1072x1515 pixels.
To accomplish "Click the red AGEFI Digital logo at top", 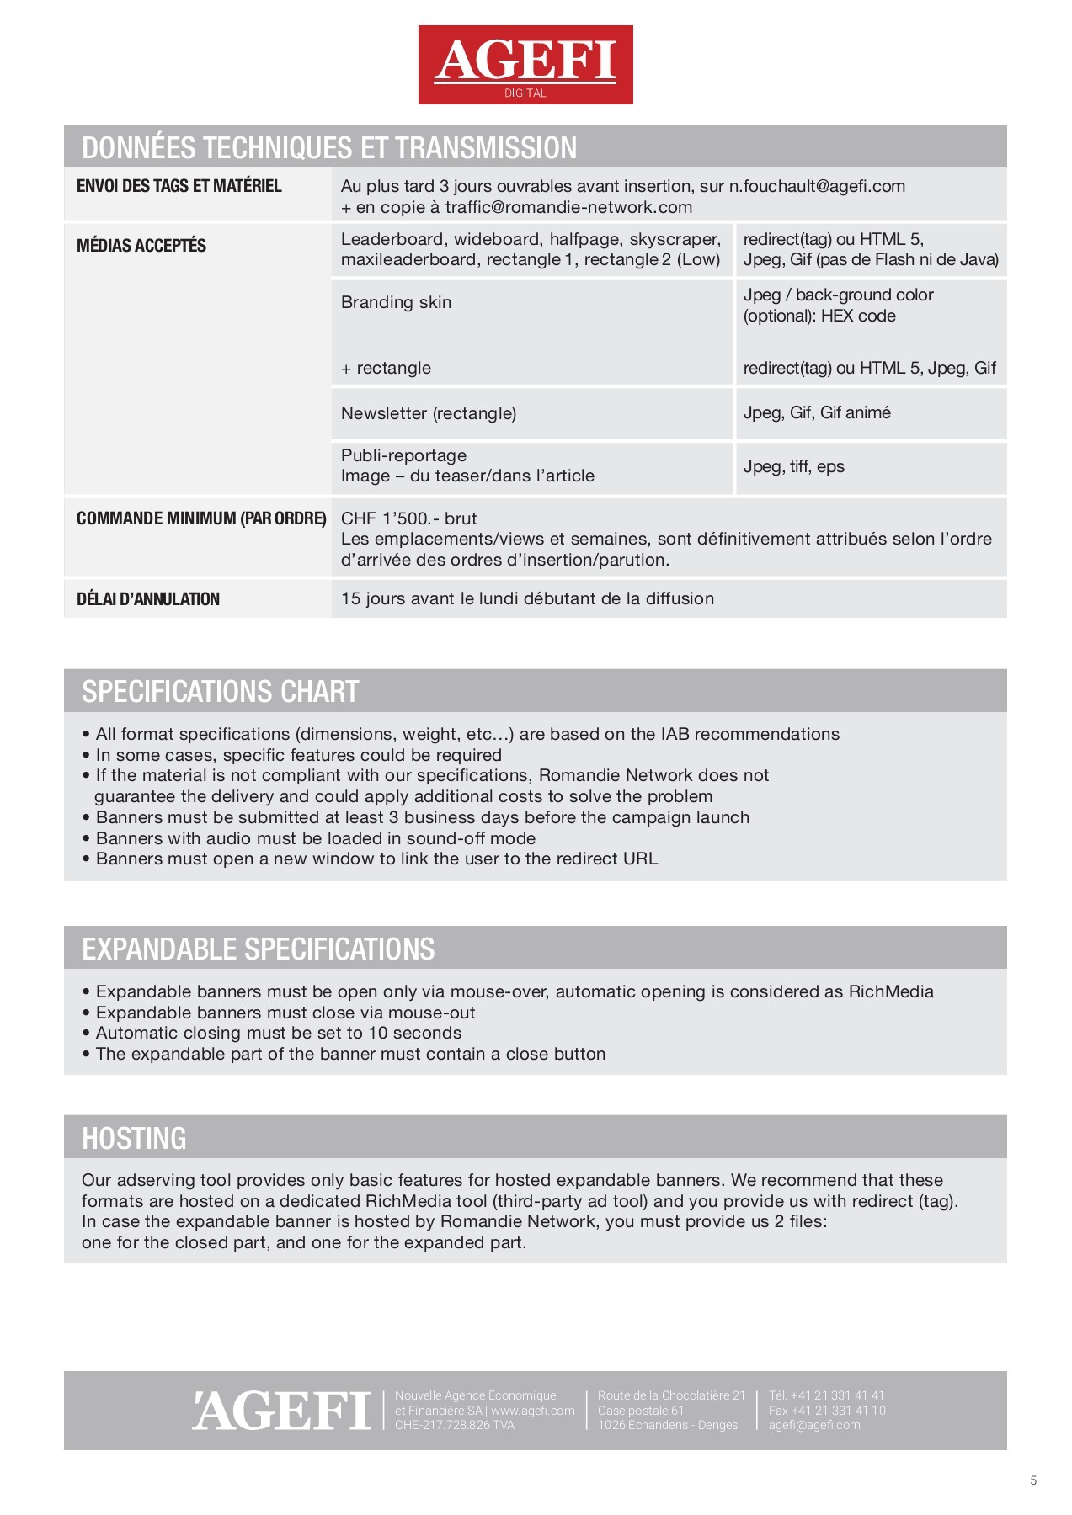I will tap(525, 65).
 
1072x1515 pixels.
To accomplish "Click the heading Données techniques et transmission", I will tap(329, 147).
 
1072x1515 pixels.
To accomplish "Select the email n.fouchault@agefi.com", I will tap(817, 186).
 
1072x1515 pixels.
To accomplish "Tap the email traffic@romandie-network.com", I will tap(568, 207).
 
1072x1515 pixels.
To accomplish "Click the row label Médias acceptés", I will tap(141, 246).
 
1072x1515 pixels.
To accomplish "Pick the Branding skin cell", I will tap(396, 302).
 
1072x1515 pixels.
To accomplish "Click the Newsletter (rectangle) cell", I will tap(429, 413).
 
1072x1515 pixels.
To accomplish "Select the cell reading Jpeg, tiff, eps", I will tap(793, 466).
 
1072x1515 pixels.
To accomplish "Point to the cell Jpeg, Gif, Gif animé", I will tap(817, 412).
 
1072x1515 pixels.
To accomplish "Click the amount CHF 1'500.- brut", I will tap(408, 518).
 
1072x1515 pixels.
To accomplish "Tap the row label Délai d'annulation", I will tap(148, 599).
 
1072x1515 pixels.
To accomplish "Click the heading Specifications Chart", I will tap(221, 691).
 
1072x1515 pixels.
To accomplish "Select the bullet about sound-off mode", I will tap(316, 838).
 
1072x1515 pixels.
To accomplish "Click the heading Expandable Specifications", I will tap(258, 949).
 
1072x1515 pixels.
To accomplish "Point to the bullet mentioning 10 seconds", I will tap(279, 1033).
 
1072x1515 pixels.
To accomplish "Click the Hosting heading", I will tap(134, 1138).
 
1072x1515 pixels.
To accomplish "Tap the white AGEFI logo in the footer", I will tap(281, 1411).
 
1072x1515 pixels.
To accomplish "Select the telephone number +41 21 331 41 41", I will tap(837, 1395).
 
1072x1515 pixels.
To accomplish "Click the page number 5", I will tap(1033, 1481).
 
